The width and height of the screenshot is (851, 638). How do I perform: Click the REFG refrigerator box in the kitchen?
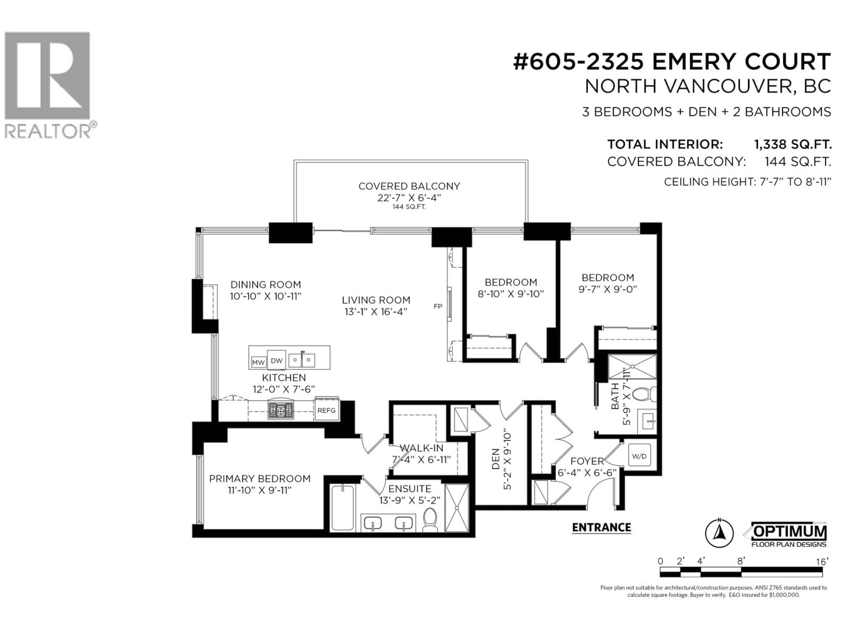pos(326,410)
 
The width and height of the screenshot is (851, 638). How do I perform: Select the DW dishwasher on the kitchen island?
pos(277,360)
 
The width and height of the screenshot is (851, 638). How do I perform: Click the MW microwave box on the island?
pos(258,362)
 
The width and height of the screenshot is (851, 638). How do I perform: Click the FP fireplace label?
pos(438,307)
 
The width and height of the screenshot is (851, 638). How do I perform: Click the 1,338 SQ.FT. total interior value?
pos(792,145)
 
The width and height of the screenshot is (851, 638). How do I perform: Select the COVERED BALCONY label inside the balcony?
pos(409,186)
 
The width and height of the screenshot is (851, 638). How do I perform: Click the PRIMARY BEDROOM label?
pos(260,479)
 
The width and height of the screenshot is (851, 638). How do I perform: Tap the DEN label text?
pos(496,459)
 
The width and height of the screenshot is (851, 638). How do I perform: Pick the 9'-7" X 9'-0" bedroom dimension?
pos(608,289)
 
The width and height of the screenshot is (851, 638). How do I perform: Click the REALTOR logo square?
pos(47,75)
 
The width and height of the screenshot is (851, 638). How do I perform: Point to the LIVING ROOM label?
pos(376,300)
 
